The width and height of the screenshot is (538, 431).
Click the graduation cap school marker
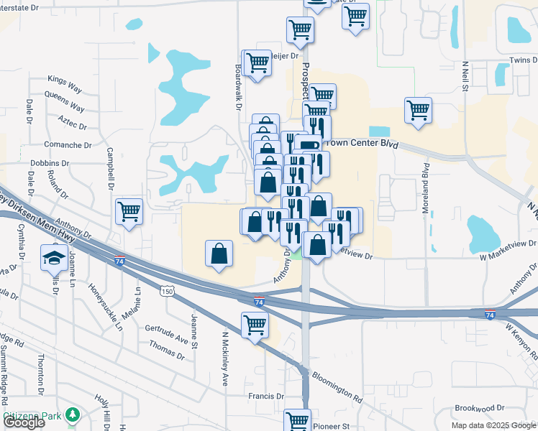click(54, 256)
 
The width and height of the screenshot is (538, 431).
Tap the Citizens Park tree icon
click(71, 414)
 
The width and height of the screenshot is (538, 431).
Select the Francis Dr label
click(265, 396)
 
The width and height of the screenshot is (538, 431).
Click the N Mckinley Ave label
click(224, 359)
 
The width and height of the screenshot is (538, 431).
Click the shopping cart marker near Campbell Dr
click(129, 211)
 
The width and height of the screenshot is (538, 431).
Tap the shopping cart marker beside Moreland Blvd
click(418, 111)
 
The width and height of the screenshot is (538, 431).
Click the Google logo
click(24, 422)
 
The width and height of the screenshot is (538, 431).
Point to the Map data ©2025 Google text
click(493, 425)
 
